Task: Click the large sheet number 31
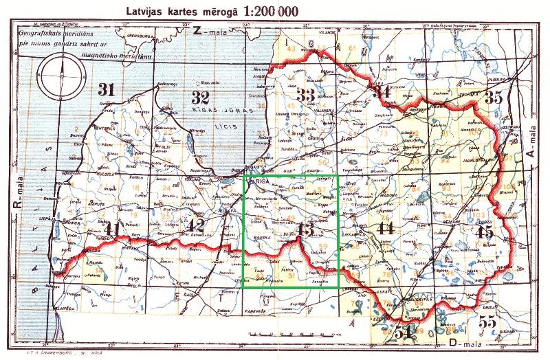point(106,89)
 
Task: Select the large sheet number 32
point(200,96)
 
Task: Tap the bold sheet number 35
point(493,98)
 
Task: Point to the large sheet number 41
point(111,229)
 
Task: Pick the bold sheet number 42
point(197,227)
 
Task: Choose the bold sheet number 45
point(485,232)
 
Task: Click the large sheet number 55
point(487,322)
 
